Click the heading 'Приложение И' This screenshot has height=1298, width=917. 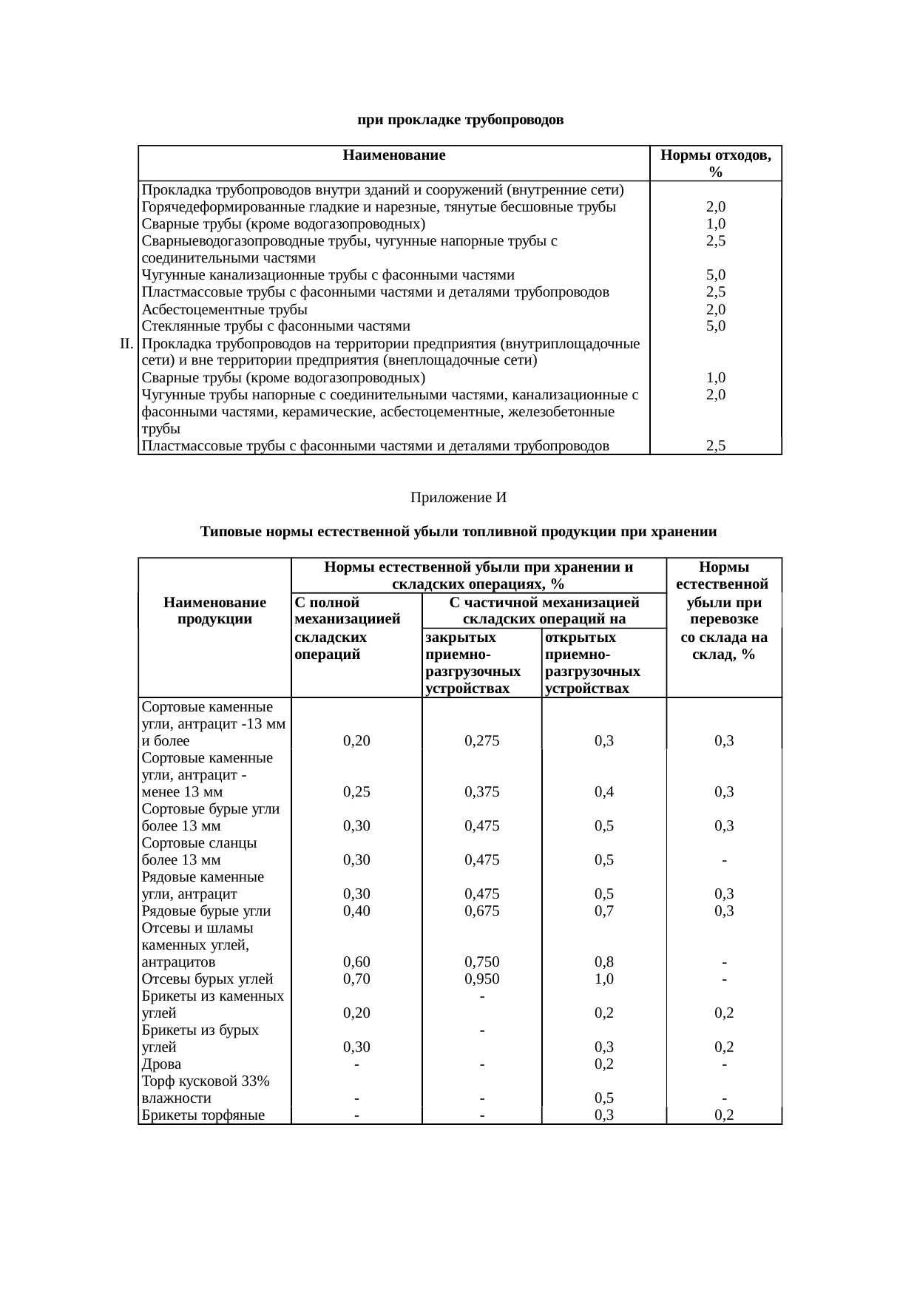coord(458,498)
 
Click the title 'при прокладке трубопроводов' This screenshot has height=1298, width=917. coord(460,120)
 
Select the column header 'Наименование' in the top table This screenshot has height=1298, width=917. coord(394,155)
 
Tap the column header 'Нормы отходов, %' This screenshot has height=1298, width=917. coord(715,163)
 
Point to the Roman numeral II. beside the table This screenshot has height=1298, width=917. coord(126,343)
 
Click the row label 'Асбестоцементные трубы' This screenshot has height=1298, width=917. coord(225,309)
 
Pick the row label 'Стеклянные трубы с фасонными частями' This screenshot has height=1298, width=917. coord(276,326)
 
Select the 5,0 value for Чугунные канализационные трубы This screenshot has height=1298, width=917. coord(715,274)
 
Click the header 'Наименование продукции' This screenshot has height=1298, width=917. coord(214,611)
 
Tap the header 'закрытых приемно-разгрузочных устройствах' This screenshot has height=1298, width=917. coord(473,663)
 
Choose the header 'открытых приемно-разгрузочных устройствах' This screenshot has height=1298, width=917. coord(593,663)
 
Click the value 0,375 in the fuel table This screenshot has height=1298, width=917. coord(481,791)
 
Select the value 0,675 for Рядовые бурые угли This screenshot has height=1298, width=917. coord(481,911)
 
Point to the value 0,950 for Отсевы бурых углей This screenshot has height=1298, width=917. coord(481,979)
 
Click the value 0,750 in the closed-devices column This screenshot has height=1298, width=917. coord(481,962)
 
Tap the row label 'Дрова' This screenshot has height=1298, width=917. coord(161,1064)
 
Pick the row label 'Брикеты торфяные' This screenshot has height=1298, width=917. coord(203,1115)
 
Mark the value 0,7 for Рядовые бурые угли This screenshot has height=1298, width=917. coord(604,911)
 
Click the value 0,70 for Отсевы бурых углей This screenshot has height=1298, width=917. coord(356,979)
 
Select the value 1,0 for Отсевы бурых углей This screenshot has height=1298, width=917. coord(604,979)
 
